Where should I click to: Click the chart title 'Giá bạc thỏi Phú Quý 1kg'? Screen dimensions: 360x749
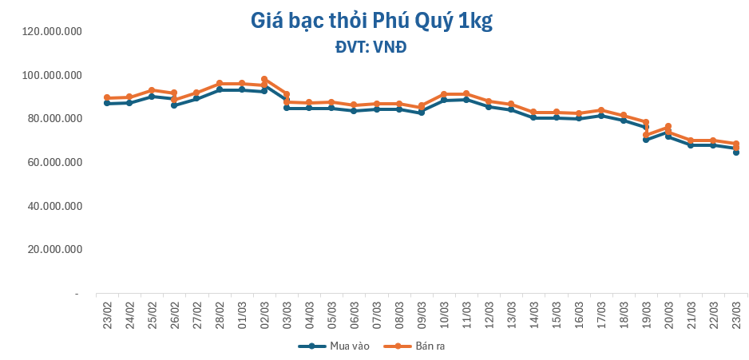click(x=371, y=22)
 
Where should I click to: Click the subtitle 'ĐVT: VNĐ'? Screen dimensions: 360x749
click(x=371, y=47)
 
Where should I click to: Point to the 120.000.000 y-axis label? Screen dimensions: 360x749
click(x=53, y=31)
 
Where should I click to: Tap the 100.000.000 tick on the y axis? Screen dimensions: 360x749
click(x=53, y=75)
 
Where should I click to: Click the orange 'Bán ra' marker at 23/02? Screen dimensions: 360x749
click(x=107, y=98)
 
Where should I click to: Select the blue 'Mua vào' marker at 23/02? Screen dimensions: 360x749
click(x=107, y=104)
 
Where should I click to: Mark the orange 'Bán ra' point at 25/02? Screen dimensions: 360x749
click(x=152, y=90)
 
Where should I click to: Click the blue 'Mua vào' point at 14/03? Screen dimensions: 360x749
click(x=533, y=117)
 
